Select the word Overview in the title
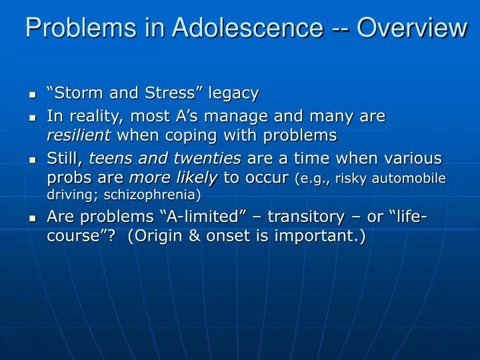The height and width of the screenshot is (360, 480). [411, 28]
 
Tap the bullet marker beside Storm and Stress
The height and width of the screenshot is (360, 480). [32, 95]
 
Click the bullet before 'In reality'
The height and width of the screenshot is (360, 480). [32, 118]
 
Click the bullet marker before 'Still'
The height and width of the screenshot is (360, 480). [32, 161]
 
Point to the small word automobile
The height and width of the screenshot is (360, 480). [413, 179]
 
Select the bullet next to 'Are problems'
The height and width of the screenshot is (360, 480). [32, 219]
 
